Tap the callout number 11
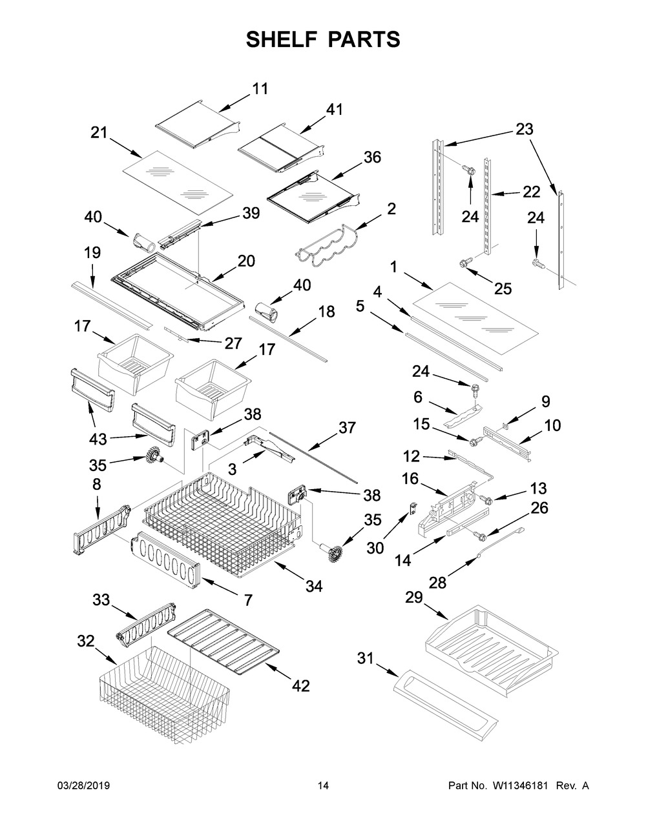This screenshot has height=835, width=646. (x=260, y=89)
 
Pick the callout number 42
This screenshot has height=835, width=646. (x=300, y=685)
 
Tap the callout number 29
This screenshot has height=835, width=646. (x=413, y=598)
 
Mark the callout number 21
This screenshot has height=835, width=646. (x=99, y=133)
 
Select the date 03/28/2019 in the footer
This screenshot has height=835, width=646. (x=84, y=786)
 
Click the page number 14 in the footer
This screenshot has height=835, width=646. (x=323, y=786)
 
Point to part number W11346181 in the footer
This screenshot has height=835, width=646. (x=521, y=786)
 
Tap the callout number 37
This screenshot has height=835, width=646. (x=347, y=427)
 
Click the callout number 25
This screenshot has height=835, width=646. (x=503, y=288)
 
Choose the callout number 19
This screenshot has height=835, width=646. (x=92, y=252)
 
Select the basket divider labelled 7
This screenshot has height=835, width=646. (x=167, y=554)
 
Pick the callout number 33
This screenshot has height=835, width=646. (x=101, y=600)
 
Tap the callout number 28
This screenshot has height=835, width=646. (x=437, y=582)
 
